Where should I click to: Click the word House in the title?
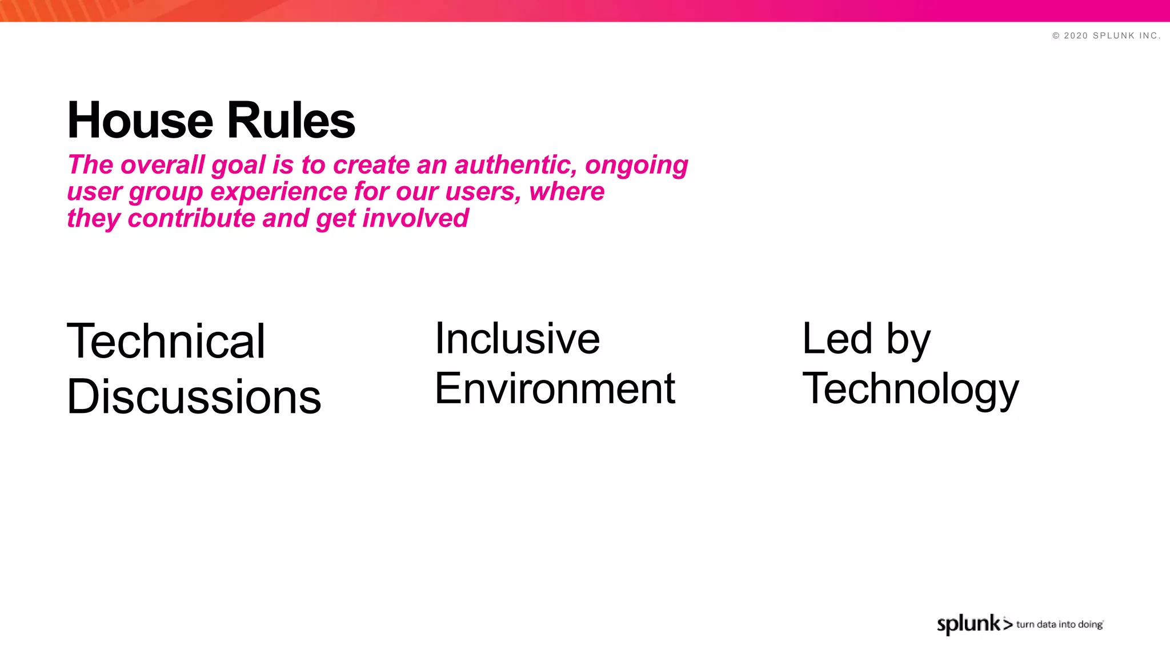[x=140, y=120]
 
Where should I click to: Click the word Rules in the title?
[x=291, y=120]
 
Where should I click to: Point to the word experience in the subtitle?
[x=279, y=192]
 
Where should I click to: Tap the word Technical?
[x=166, y=341]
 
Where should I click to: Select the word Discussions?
[x=194, y=396]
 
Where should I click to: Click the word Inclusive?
[x=517, y=338]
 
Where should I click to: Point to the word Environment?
[x=555, y=388]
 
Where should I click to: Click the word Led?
[x=837, y=338]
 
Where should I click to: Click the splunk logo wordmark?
[x=969, y=624]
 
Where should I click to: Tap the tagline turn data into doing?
[x=1059, y=624]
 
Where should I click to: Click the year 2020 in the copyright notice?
[x=1076, y=35]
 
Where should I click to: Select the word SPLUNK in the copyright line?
[x=1113, y=35]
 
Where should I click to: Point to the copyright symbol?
[x=1056, y=35]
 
